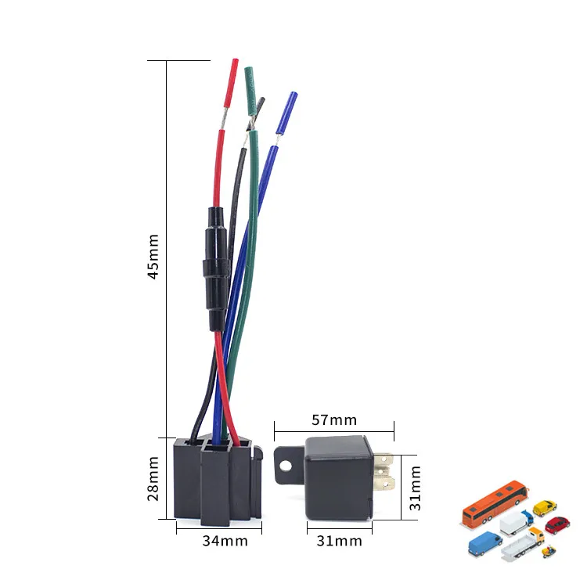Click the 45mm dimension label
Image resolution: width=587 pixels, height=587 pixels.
[154, 256]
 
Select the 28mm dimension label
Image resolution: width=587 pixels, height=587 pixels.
[154, 479]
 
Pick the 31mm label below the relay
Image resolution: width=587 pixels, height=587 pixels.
[338, 541]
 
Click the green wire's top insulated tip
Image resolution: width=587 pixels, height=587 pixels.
[250, 87]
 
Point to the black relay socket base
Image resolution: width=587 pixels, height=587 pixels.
[216, 481]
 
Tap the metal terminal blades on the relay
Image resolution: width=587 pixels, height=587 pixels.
[383, 473]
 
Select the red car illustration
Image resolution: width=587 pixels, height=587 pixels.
[557, 524]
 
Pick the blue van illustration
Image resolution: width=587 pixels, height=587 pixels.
[485, 542]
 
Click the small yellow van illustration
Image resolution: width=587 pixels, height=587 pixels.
[545, 508]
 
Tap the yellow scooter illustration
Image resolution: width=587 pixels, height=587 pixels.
[549, 551]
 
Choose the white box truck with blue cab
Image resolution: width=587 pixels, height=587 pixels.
[516, 522]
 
